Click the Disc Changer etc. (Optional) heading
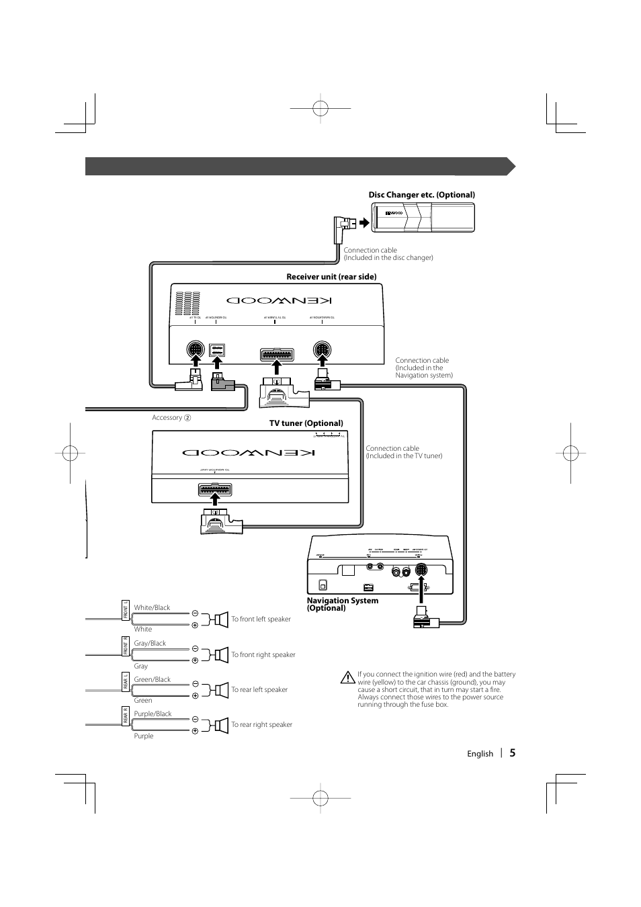point(421,195)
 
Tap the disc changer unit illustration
point(425,217)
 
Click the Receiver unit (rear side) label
point(331,277)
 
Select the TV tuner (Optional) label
point(306,423)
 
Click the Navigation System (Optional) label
point(343,604)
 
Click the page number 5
point(512,753)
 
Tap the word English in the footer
point(480,754)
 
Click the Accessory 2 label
point(171,417)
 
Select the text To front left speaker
point(261,619)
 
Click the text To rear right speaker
point(261,724)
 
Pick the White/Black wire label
point(152,607)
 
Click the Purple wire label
point(143,736)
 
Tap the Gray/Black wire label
point(150,643)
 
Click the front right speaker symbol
point(221,654)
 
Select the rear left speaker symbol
point(221,689)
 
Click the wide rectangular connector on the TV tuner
point(215,490)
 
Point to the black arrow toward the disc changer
point(364,223)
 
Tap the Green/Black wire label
point(152,679)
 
